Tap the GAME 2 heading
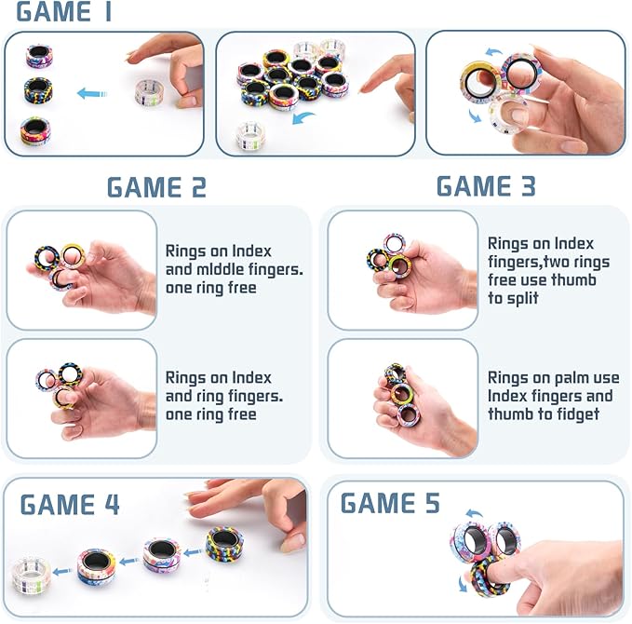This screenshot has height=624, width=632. (156, 187)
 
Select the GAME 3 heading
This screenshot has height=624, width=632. (486, 185)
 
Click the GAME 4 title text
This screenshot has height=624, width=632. (70, 505)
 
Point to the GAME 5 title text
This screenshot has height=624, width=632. (390, 503)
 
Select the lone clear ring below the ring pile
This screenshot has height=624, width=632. (249, 132)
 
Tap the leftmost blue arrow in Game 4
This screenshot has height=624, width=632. (61, 573)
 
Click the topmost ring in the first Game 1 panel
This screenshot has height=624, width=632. (39, 56)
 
